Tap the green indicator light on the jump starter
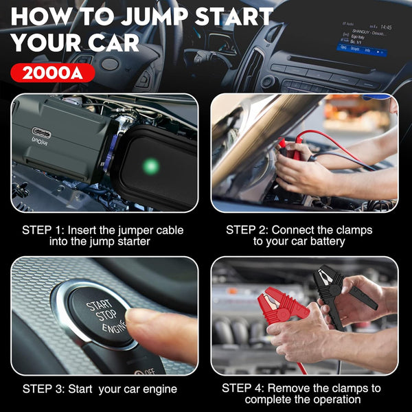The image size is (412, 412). pyautogui.click(x=151, y=165)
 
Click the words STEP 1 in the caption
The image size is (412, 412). pyautogui.click(x=43, y=230)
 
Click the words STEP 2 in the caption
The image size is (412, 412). pyautogui.click(x=247, y=230)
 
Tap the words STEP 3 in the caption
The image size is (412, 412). pyautogui.click(x=43, y=389)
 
